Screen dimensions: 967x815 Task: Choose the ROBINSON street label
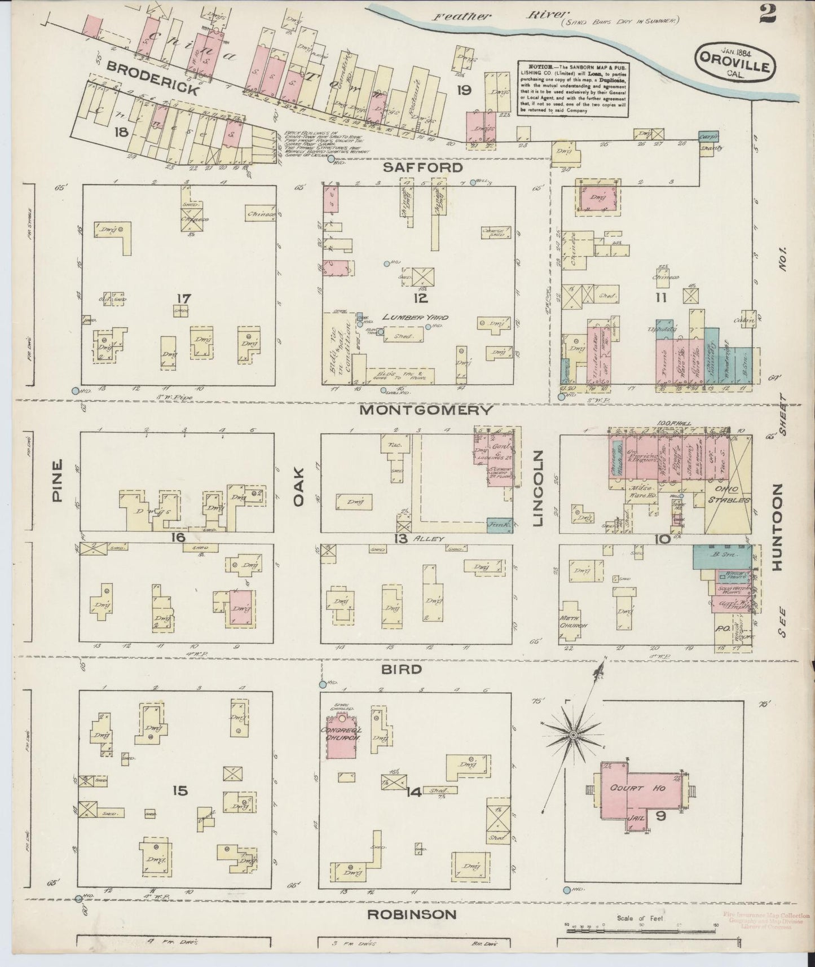[x=412, y=915]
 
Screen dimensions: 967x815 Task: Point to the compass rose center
[x=574, y=735]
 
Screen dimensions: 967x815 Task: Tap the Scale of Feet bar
[x=641, y=925]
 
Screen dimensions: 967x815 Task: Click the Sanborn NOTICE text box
[x=572, y=89]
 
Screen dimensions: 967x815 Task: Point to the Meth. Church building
[x=574, y=623]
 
